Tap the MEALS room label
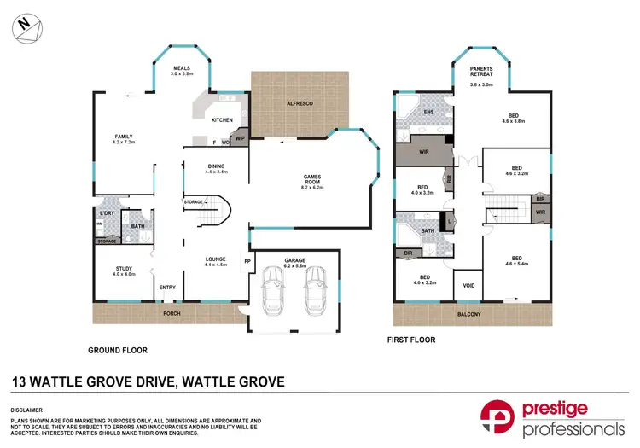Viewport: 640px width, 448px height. click(x=181, y=67)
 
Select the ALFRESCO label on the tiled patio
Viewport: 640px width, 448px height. click(x=300, y=102)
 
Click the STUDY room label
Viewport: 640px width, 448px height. click(x=125, y=269)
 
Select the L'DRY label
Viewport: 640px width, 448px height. click(x=108, y=212)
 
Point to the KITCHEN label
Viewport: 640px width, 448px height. click(x=223, y=120)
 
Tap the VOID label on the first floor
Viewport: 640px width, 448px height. click(x=468, y=286)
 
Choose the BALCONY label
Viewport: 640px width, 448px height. click(x=468, y=315)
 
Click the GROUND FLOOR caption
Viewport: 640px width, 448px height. click(x=118, y=351)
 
